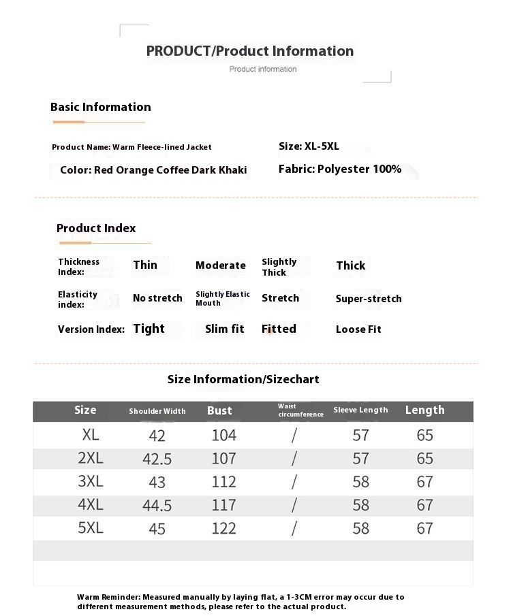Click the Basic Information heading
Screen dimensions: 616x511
[x=101, y=107]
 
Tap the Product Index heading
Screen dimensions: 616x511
[x=96, y=228]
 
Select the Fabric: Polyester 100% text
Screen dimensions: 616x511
[x=340, y=169]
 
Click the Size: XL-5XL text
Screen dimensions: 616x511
[x=309, y=146]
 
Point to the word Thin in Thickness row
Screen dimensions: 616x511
[x=145, y=265]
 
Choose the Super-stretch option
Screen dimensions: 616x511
[x=369, y=299]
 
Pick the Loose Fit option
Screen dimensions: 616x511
[x=358, y=329]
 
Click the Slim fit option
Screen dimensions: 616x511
[x=224, y=329]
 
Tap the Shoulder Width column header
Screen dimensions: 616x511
[x=157, y=411]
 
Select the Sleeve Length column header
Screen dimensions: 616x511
[x=360, y=410]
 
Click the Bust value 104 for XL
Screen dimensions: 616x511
[x=223, y=435]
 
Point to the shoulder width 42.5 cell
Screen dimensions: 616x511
[x=157, y=459]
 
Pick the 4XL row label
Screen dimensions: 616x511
[x=91, y=505]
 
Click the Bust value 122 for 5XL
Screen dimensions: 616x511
[x=223, y=528]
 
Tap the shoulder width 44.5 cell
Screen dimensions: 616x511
[x=157, y=506]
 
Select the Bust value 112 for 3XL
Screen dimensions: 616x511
[x=223, y=482]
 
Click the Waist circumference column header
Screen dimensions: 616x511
[x=300, y=410]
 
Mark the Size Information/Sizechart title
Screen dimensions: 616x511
[x=243, y=379]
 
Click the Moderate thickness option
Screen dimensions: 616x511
[x=221, y=265]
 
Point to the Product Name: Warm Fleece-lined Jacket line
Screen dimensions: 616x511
[x=131, y=147]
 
